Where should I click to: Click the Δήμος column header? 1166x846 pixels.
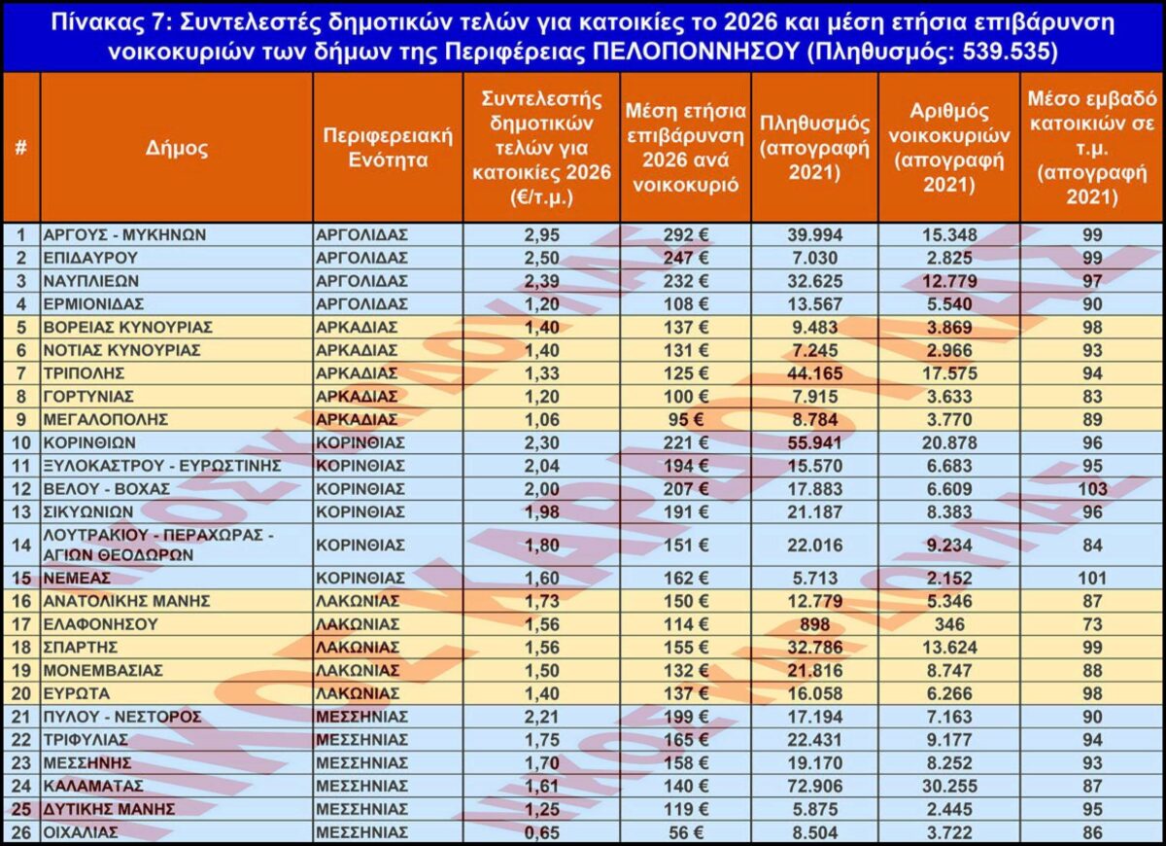click(x=177, y=148)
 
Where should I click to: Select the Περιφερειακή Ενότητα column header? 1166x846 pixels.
click(x=388, y=148)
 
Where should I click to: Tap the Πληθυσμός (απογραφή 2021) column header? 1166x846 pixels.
click(x=814, y=148)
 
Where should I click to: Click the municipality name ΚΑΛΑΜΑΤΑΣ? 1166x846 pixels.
click(x=94, y=786)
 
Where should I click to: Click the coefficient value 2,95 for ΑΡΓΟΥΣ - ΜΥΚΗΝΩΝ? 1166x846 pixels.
click(x=541, y=234)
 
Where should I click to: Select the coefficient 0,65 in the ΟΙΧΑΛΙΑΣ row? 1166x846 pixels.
click(x=541, y=832)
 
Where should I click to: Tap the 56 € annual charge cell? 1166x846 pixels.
click(x=685, y=832)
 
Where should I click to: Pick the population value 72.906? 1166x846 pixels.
click(x=814, y=786)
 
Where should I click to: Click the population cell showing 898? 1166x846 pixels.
click(x=814, y=624)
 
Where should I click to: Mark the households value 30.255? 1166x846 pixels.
click(x=948, y=786)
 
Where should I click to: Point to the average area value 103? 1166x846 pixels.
click(x=1092, y=489)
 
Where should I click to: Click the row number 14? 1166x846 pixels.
click(x=20, y=544)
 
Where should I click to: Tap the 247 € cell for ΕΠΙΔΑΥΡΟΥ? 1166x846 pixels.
click(x=685, y=258)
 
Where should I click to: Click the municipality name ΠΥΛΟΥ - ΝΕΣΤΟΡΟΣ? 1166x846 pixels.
click(x=122, y=717)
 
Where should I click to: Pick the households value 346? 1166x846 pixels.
click(x=948, y=624)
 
